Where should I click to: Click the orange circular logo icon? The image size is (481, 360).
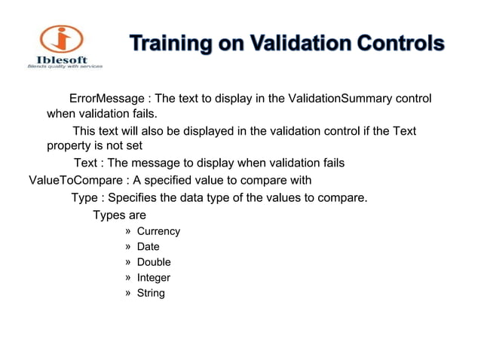click(62, 39)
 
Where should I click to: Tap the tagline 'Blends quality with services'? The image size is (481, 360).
click(64, 67)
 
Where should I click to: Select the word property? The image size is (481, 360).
click(69, 146)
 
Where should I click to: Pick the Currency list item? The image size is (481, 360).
click(158, 231)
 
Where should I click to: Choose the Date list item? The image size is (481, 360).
click(148, 246)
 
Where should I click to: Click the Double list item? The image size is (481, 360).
click(154, 262)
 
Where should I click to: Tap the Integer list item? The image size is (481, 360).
click(153, 278)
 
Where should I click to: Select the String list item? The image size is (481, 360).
click(151, 293)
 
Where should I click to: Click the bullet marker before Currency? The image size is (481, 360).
click(127, 231)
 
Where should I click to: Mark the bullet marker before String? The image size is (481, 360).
click(127, 293)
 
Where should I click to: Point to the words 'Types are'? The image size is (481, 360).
click(119, 215)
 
